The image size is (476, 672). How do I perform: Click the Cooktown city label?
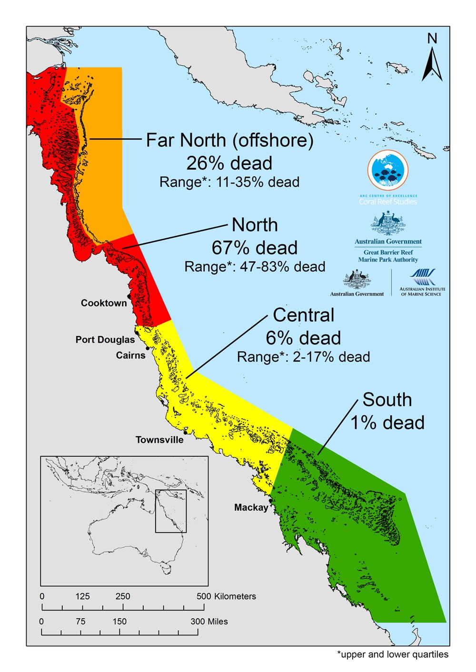(104, 303)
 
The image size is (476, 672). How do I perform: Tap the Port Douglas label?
(105, 340)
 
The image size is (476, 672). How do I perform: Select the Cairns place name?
(130, 355)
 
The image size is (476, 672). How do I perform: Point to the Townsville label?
(159, 440)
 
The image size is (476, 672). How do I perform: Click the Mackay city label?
(251, 508)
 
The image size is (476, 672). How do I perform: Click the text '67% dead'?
(255, 248)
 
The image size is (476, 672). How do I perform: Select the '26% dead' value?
(229, 163)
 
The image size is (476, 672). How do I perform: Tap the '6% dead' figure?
(303, 338)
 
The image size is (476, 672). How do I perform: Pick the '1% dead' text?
(387, 422)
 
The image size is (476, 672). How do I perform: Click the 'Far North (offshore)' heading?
(229, 140)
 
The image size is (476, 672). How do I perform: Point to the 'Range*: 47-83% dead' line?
(255, 267)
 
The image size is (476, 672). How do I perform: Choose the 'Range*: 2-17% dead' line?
(303, 357)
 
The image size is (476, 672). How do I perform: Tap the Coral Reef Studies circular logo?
(388, 170)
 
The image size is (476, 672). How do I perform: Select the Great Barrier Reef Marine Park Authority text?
(388, 256)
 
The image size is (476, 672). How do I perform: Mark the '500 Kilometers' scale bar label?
(226, 596)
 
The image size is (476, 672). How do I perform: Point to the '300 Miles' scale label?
(209, 622)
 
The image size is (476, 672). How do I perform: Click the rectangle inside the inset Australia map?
(171, 511)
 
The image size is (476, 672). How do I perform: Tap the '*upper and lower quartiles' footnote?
(393, 654)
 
